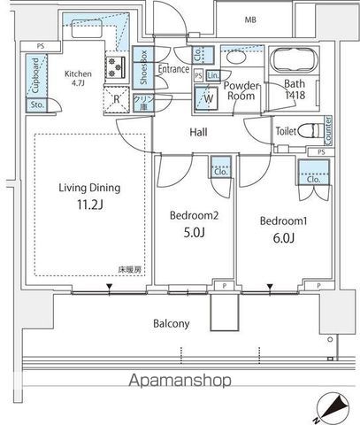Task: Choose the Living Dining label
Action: [x=89, y=188]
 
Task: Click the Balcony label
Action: [x=172, y=323]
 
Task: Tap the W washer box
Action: [x=205, y=99]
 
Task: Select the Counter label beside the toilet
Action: [x=328, y=129]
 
